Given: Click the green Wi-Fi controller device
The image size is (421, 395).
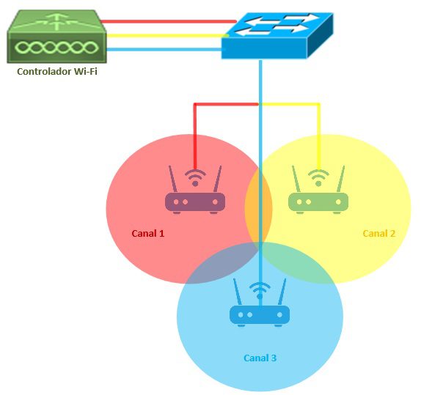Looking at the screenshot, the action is (56, 37).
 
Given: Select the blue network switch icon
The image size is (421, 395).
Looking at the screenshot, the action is (277, 35).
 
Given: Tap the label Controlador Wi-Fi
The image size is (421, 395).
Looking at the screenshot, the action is (57, 71).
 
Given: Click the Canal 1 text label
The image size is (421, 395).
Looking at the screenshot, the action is (147, 234).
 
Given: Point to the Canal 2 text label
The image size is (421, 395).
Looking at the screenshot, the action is (379, 234).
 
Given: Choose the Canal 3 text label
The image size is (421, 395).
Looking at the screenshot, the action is (260, 358).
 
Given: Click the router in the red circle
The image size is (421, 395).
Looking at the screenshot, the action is (195, 190).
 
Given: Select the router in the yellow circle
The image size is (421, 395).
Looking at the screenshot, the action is (318, 190).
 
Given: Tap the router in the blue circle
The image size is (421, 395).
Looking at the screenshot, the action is (260, 303).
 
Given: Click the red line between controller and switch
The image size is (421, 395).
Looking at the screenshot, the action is (169, 21).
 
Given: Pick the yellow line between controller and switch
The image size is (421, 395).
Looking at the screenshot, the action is (167, 35).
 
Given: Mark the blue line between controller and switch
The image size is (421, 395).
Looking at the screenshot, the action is (164, 49).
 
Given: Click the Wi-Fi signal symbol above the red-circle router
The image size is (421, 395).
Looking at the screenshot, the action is (195, 177).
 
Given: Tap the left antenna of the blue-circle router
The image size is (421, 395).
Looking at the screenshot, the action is (238, 292).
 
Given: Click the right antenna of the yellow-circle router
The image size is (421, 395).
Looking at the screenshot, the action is (341, 179).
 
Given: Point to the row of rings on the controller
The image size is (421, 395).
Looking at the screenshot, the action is (56, 48).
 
